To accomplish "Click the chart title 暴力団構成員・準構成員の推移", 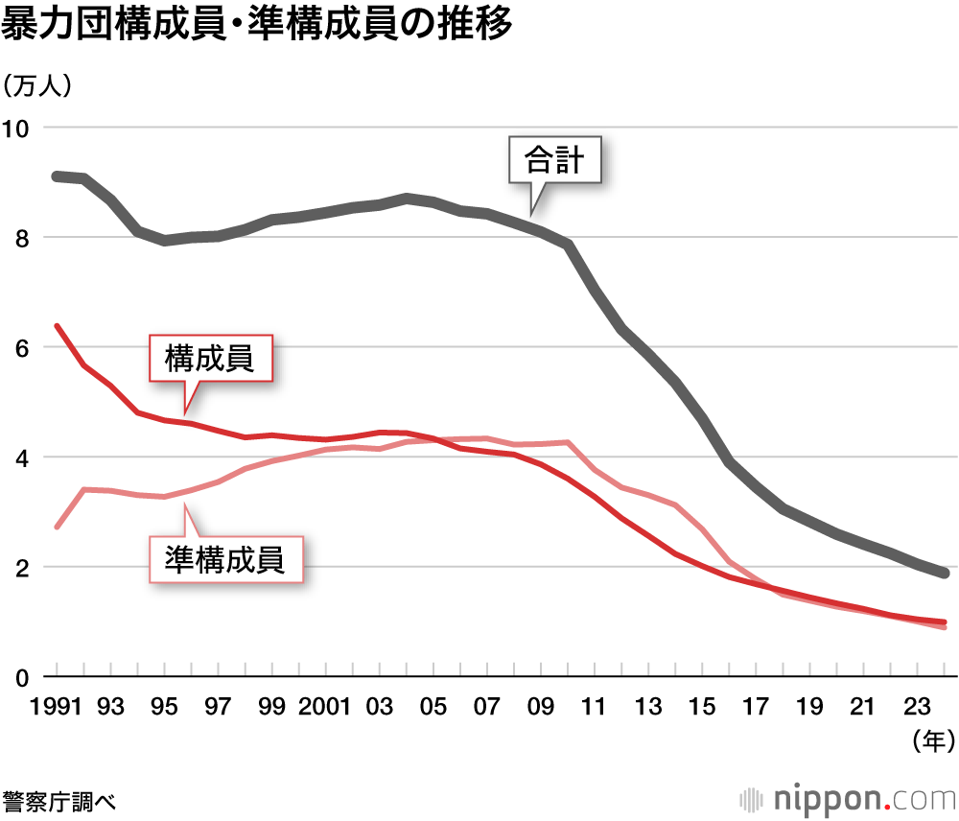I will (x=257, y=25).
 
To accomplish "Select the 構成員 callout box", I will (x=210, y=360).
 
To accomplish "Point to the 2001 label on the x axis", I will (x=326, y=708).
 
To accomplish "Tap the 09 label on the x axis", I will (x=542, y=708).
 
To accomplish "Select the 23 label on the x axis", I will (x=919, y=708).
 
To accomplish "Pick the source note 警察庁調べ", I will (x=59, y=800).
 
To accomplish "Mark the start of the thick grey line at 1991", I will (x=57, y=176).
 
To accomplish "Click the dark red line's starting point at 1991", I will (x=57, y=326).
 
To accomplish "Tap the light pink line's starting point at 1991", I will (x=57, y=528).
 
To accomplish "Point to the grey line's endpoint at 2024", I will (x=946, y=574).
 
